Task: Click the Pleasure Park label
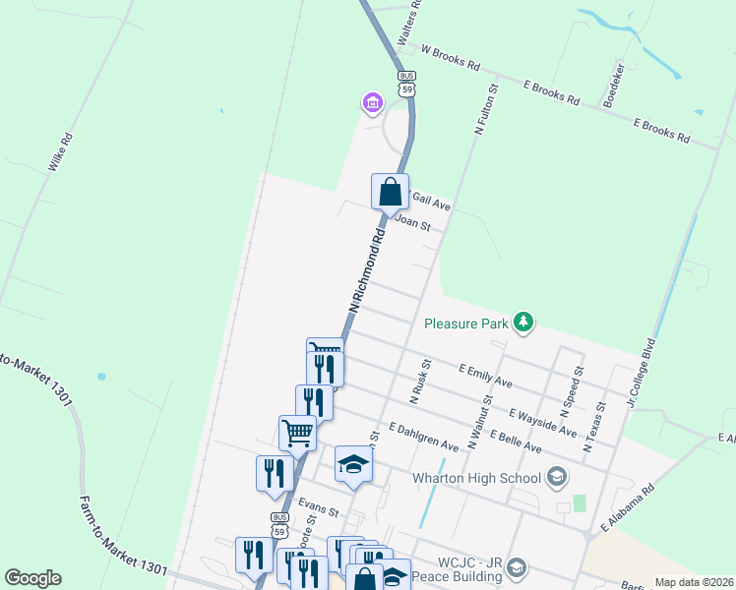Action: [465, 323]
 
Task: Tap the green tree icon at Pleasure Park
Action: [525, 322]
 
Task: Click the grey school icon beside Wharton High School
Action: [557, 478]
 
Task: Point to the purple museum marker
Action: [371, 101]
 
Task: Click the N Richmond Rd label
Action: [365, 270]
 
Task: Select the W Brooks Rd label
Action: [450, 60]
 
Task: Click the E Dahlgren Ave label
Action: [424, 438]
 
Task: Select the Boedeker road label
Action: [614, 87]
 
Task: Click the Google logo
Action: [32, 578]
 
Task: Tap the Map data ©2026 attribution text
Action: [694, 582]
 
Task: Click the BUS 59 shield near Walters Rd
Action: [406, 83]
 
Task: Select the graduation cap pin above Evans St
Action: [354, 464]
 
